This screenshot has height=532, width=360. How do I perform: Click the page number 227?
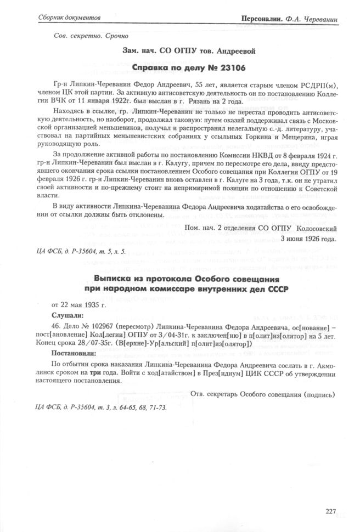[330, 511]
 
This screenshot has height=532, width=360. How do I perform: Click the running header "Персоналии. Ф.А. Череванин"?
[289, 19]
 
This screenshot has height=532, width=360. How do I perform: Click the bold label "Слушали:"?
[67, 315]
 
